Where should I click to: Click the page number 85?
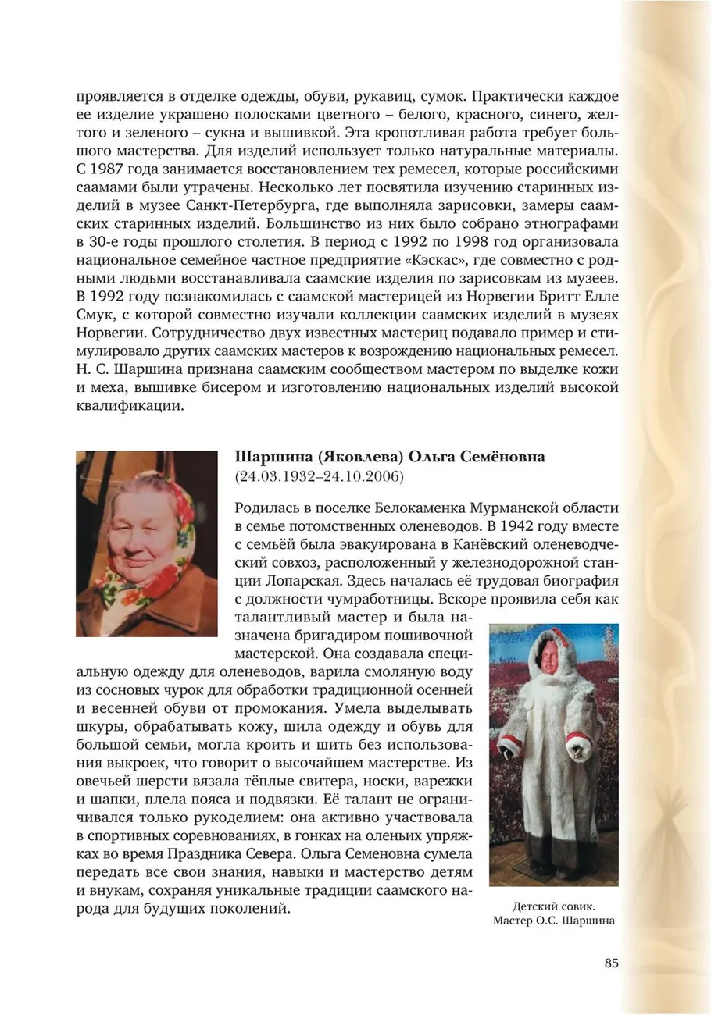[x=611, y=963]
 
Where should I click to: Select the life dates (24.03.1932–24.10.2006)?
[x=319, y=475]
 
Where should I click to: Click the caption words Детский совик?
[x=553, y=906]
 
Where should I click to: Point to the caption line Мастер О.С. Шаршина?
[x=553, y=921]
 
